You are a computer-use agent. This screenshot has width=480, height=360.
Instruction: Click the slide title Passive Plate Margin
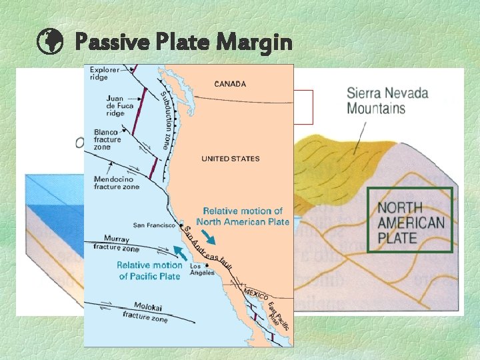click(x=183, y=43)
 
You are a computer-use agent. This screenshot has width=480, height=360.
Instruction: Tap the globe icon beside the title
click(x=50, y=43)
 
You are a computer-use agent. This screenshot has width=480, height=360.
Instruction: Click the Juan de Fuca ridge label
click(x=119, y=105)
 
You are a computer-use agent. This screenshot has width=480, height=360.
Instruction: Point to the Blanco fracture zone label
click(x=108, y=140)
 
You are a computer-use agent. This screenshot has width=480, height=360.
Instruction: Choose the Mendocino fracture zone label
click(x=117, y=183)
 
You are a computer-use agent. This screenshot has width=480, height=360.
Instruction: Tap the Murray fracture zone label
click(x=117, y=243)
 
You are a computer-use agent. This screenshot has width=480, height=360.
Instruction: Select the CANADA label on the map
click(x=230, y=84)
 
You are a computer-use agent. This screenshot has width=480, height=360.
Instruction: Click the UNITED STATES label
click(x=231, y=159)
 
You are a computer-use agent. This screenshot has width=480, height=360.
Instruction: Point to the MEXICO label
click(x=255, y=293)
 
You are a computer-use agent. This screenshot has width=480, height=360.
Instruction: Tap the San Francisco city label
click(x=154, y=225)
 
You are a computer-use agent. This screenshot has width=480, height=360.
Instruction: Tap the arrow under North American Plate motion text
click(x=209, y=237)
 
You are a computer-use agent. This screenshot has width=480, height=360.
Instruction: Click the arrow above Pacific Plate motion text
click(x=180, y=251)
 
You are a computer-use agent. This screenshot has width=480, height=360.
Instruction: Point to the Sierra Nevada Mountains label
click(x=387, y=100)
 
